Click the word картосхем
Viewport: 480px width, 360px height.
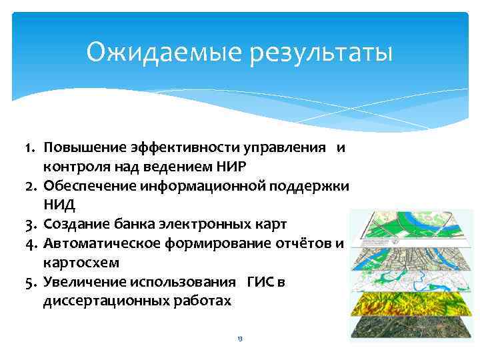[x=73, y=263]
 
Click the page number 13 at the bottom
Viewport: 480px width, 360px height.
[x=240, y=339]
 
